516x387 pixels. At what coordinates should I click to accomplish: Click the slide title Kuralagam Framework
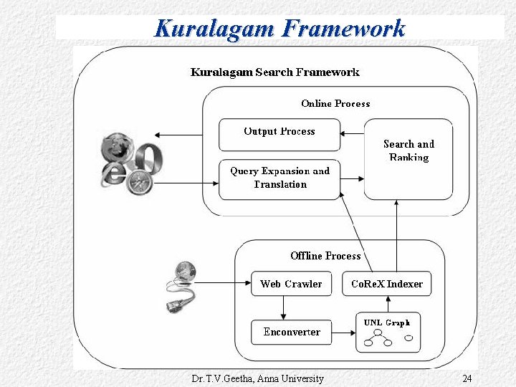(279, 29)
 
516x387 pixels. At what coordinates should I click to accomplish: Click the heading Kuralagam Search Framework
(275, 72)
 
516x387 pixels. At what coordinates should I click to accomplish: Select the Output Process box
(279, 132)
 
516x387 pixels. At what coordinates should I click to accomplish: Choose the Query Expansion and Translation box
(279, 178)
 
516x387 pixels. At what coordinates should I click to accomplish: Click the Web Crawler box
(291, 284)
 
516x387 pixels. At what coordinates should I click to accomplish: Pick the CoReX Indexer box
(387, 284)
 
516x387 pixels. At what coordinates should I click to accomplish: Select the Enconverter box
(291, 332)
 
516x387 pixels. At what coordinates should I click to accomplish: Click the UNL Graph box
(388, 333)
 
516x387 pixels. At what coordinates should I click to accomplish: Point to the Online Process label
(335, 104)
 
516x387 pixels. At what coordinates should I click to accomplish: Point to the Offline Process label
(325, 256)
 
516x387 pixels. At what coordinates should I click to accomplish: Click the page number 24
(467, 378)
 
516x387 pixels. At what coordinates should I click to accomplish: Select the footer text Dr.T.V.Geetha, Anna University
(258, 378)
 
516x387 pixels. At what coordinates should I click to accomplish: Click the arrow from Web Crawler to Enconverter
(285, 307)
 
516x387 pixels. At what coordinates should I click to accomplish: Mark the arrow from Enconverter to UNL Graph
(344, 333)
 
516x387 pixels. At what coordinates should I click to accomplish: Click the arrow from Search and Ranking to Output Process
(353, 133)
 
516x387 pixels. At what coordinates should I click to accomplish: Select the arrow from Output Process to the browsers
(186, 135)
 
